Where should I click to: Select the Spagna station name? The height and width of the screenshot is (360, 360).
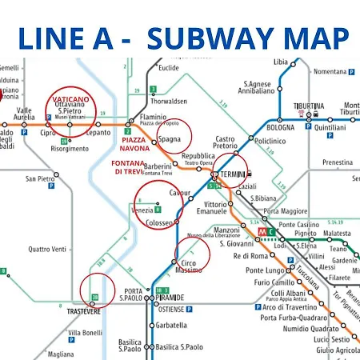coord(170,138)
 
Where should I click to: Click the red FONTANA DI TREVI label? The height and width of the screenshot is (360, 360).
coord(127,168)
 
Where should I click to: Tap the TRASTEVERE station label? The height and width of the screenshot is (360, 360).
coord(83,311)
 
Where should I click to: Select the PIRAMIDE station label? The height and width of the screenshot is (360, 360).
coord(170,297)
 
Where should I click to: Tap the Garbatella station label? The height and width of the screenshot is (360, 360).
coord(171,326)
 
